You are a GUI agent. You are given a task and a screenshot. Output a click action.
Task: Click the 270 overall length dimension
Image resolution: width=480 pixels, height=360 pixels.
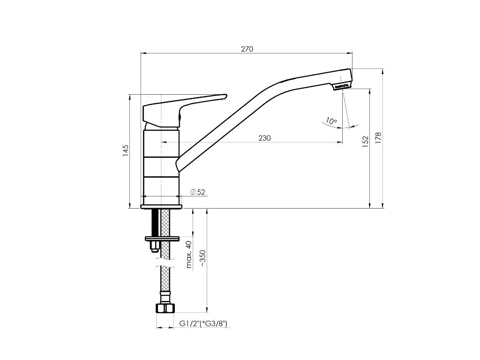(x=247, y=49)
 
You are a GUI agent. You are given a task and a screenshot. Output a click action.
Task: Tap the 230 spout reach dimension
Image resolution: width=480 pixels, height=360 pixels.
(x=264, y=138)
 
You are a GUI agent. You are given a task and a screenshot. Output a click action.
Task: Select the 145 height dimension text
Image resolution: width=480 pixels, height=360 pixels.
(x=126, y=150)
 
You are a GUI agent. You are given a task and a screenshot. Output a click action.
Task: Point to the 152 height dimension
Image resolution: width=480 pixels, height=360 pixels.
(x=366, y=142)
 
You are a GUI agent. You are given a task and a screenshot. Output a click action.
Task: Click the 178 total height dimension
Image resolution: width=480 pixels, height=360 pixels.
(x=378, y=138)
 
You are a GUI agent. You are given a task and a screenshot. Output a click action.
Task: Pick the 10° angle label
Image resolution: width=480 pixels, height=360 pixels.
(x=331, y=120)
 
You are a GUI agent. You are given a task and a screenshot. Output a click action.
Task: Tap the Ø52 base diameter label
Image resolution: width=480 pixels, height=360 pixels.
(x=197, y=192)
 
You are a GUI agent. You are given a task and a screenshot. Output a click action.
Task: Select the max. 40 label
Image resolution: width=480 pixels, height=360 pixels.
(x=189, y=255)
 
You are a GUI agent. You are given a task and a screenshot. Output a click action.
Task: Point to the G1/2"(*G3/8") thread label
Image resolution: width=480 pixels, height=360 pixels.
(x=203, y=323)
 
